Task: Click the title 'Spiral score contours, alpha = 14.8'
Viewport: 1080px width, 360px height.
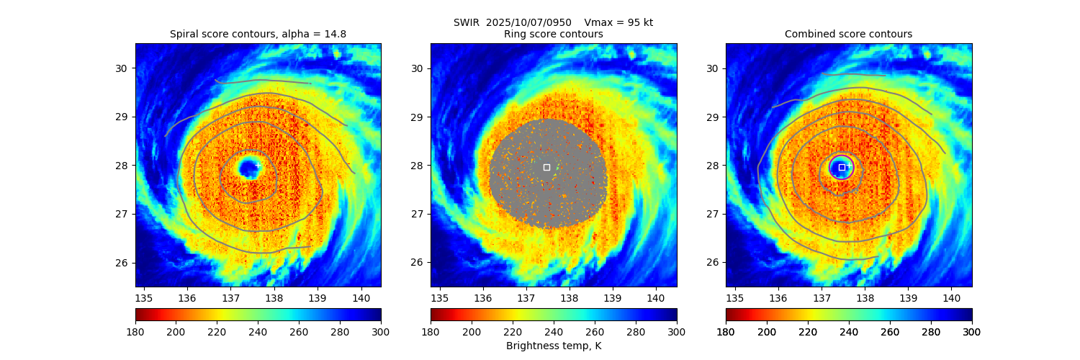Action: [x=258, y=34]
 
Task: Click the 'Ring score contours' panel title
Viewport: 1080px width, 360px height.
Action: [x=553, y=34]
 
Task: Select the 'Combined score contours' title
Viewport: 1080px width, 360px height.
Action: [x=848, y=34]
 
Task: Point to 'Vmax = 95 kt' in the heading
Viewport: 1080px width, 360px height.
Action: [x=618, y=22]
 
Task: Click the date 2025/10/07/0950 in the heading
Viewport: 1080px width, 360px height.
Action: [x=528, y=22]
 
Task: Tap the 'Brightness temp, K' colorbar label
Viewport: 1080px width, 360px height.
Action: [x=553, y=346]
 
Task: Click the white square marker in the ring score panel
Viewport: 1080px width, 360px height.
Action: [x=546, y=167]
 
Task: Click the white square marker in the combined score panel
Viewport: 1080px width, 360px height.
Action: [x=842, y=167]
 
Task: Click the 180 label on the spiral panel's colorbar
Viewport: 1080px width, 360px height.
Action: [x=135, y=331]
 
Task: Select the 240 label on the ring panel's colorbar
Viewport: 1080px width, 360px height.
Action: [x=554, y=331]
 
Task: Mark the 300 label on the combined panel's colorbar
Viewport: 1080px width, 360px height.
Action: [x=971, y=331]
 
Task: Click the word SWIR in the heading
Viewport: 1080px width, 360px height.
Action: [x=466, y=22]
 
